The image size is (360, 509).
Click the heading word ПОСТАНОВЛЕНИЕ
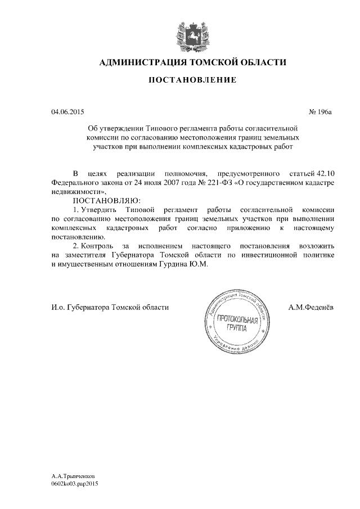pyautogui.click(x=192, y=80)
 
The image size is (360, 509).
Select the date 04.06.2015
pyautogui.click(x=67, y=113)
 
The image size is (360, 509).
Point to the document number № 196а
pyautogui.click(x=321, y=113)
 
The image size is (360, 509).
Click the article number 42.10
pyautogui.click(x=325, y=173)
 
